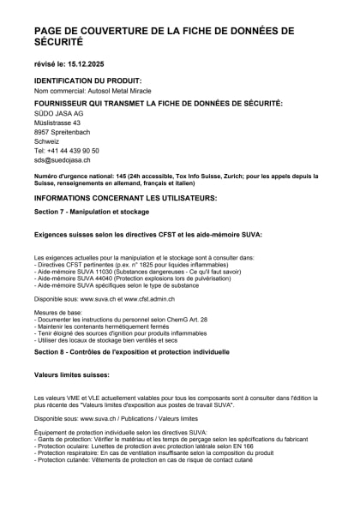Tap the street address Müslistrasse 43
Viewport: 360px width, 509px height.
[57, 123]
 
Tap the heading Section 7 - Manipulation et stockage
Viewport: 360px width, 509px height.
[91, 211]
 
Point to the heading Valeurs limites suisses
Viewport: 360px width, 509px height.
[71, 374]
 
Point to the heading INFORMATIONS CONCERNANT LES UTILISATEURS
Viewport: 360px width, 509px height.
[125, 197]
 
